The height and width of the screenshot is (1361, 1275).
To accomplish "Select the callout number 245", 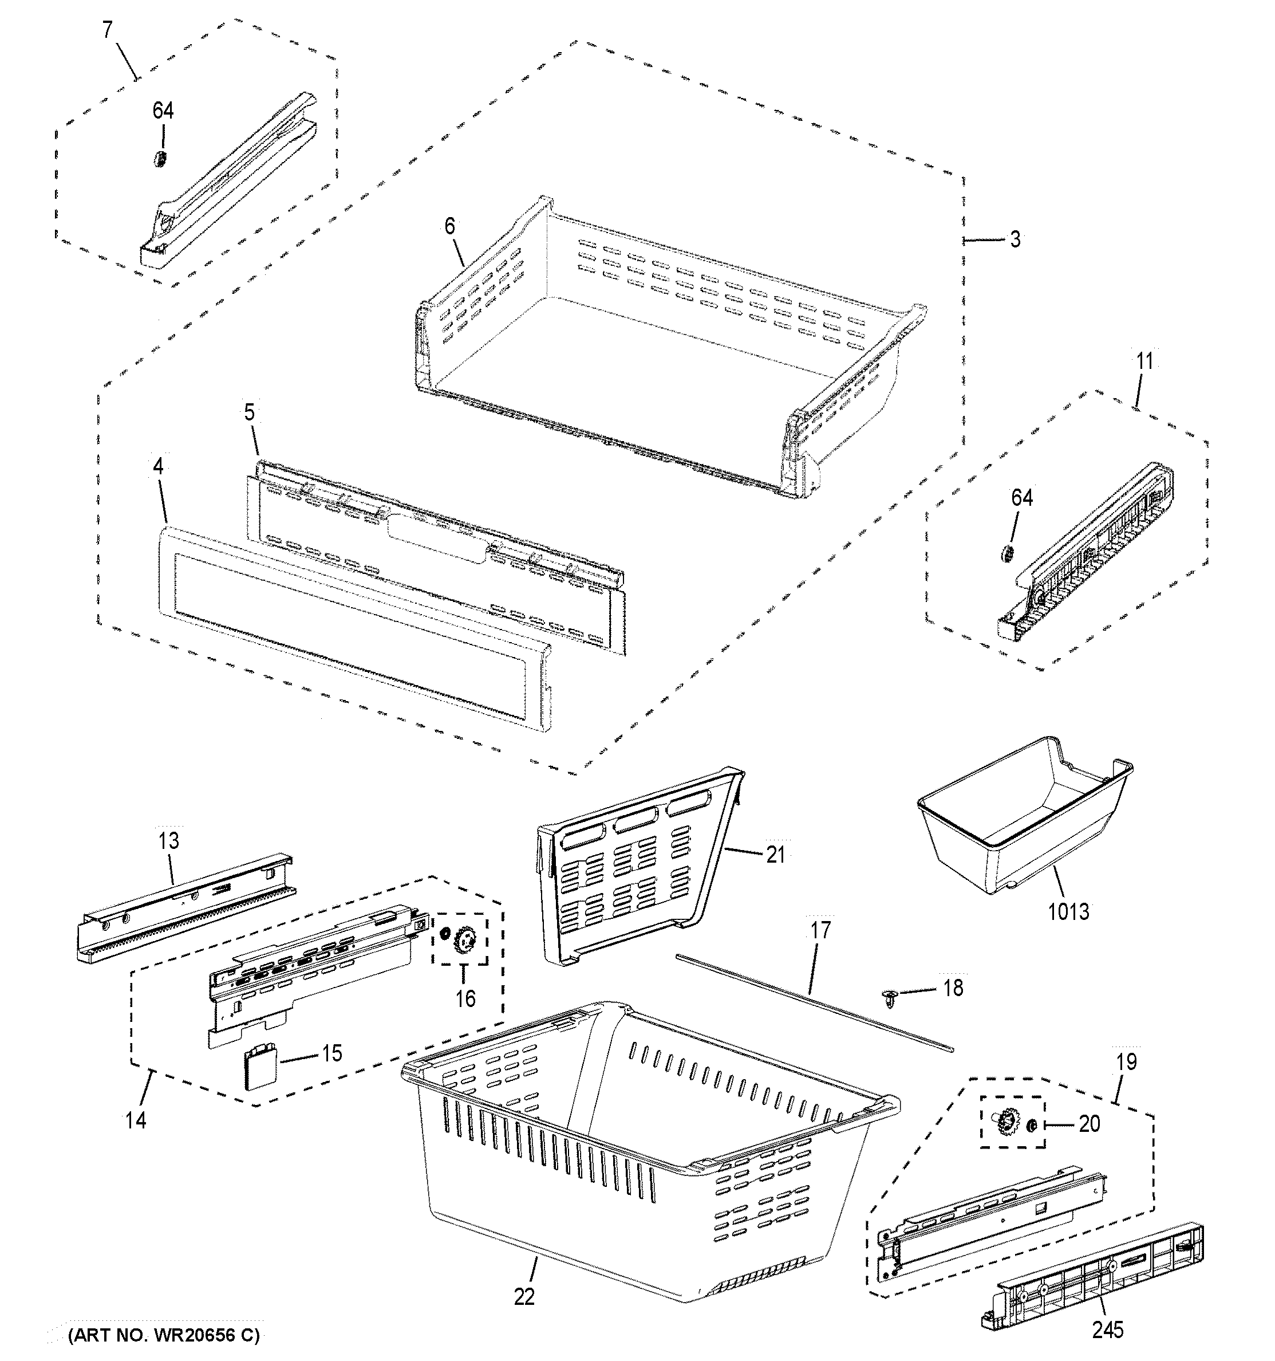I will [x=1107, y=1330].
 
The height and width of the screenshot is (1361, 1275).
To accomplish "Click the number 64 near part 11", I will [x=1022, y=498].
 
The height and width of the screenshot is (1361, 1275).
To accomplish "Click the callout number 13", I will [x=168, y=841].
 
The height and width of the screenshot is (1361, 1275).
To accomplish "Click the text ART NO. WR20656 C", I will [x=164, y=1335].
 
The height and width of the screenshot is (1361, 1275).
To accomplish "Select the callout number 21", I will [x=775, y=855].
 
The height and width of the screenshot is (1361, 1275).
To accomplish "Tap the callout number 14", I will [x=136, y=1120].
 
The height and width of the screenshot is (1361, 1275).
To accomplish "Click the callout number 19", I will [x=1127, y=1062].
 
